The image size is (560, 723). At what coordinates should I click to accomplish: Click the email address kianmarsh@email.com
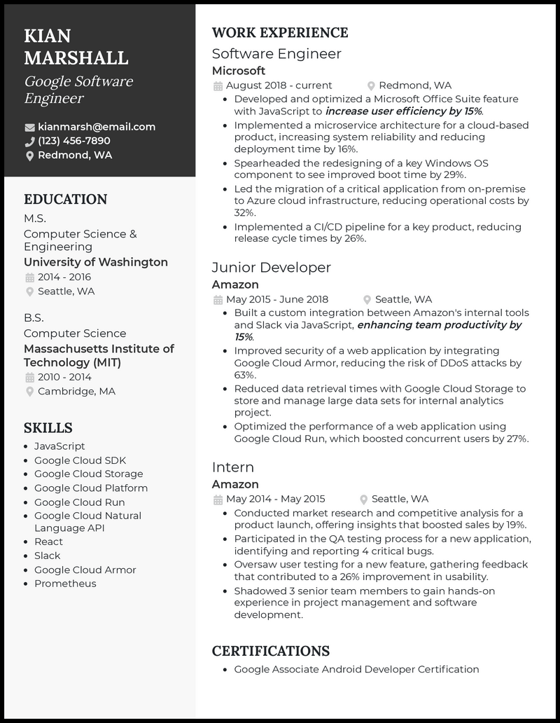click(x=97, y=127)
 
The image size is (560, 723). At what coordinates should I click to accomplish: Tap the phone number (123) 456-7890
click(x=74, y=141)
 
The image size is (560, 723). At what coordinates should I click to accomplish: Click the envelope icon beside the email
click(x=29, y=128)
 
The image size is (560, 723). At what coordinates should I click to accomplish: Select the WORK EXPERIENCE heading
click(x=280, y=33)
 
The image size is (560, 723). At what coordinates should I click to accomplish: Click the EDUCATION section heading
click(x=66, y=200)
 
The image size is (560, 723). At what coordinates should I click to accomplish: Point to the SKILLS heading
click(x=48, y=428)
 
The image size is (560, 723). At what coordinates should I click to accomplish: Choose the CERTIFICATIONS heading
click(x=271, y=652)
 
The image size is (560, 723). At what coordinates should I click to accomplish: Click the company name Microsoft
click(x=239, y=71)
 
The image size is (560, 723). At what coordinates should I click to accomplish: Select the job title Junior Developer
click(x=272, y=268)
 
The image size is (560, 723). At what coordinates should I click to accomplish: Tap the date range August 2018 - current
click(x=269, y=85)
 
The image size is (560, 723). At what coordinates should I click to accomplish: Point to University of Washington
click(x=96, y=262)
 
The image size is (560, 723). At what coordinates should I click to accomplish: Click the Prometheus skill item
click(x=65, y=584)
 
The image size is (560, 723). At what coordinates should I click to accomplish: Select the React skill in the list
click(x=48, y=542)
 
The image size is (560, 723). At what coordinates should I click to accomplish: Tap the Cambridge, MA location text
click(x=77, y=392)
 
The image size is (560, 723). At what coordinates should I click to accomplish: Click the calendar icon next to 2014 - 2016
click(x=29, y=277)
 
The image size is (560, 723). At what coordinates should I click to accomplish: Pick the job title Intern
click(x=233, y=467)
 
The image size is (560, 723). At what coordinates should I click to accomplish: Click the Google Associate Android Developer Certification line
click(x=356, y=669)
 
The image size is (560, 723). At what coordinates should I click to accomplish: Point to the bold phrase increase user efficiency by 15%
click(x=404, y=111)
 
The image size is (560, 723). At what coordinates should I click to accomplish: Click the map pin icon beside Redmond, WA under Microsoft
click(x=372, y=86)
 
